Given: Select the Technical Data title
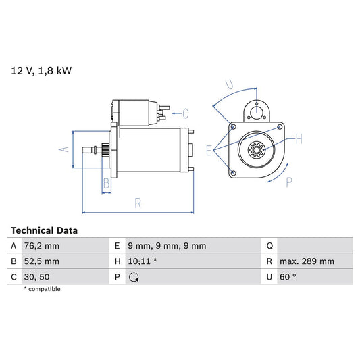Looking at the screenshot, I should point(44,230).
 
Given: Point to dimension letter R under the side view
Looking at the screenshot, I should point(137,202).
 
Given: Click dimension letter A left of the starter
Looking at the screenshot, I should point(65,150).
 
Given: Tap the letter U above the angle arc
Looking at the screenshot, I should point(230,84).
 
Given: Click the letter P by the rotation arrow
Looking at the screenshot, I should point(288,180).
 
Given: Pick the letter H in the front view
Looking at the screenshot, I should point(299,139).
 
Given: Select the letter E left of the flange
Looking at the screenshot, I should point(209,150).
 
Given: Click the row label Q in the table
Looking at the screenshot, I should point(269,246).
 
